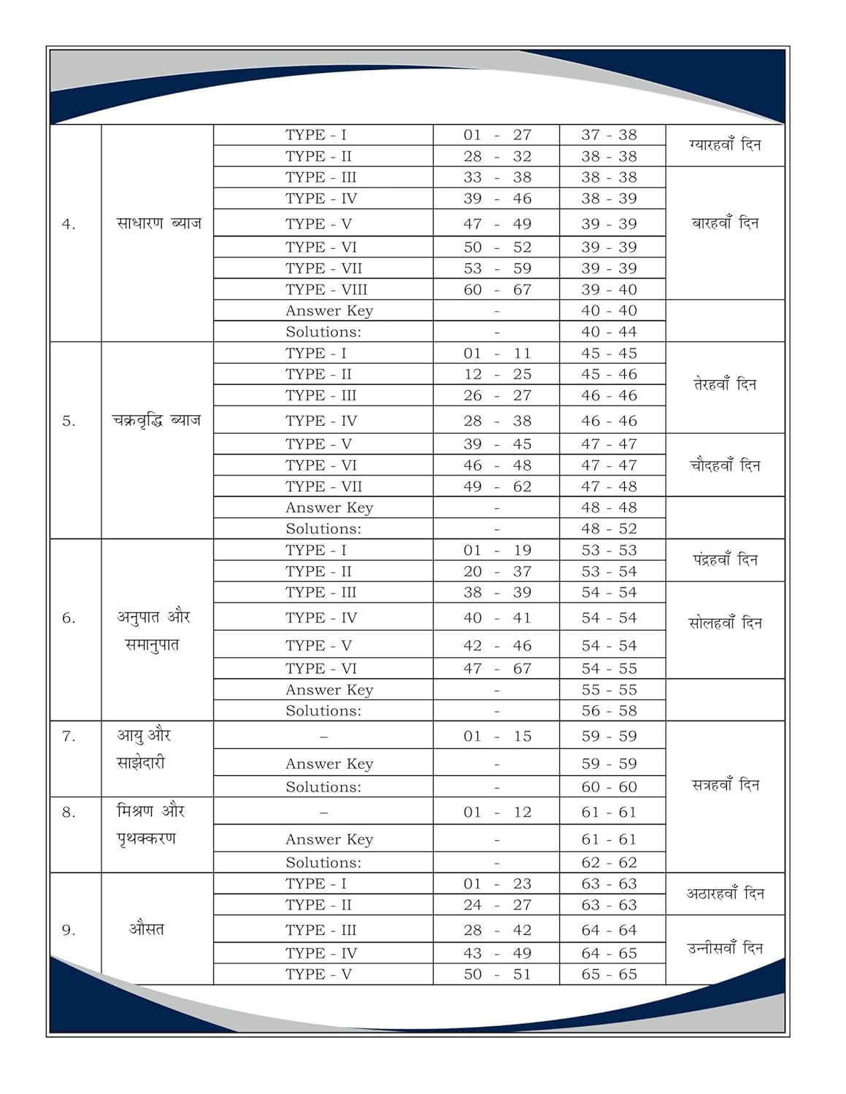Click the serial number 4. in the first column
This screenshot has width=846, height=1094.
coord(69,225)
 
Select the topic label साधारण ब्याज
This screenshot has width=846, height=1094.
coord(158,223)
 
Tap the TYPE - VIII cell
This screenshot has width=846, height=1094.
coord(326,290)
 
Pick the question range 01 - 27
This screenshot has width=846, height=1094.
coord(497,135)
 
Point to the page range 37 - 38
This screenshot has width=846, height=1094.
coord(609,135)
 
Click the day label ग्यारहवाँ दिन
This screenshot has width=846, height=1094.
coord(724,145)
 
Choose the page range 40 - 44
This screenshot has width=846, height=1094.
coord(609,332)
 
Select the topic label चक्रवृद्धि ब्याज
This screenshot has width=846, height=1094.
coord(156,420)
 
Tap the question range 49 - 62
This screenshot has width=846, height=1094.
coord(497,486)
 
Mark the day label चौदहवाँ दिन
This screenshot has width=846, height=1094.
coord(725,465)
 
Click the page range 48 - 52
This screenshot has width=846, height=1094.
coord(609,529)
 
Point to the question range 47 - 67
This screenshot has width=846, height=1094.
coord(497,669)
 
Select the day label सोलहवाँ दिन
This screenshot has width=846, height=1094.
coord(725,624)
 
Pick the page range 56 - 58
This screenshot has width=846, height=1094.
coord(609,711)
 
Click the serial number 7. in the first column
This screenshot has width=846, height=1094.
coord(69,737)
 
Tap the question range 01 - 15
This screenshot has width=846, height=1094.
coord(497,737)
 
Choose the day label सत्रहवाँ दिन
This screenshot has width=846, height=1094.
coord(725,785)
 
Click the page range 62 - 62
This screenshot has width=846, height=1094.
coord(609,863)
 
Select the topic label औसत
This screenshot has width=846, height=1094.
coord(147,929)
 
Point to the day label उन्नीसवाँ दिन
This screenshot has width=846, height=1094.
coord(725,949)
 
